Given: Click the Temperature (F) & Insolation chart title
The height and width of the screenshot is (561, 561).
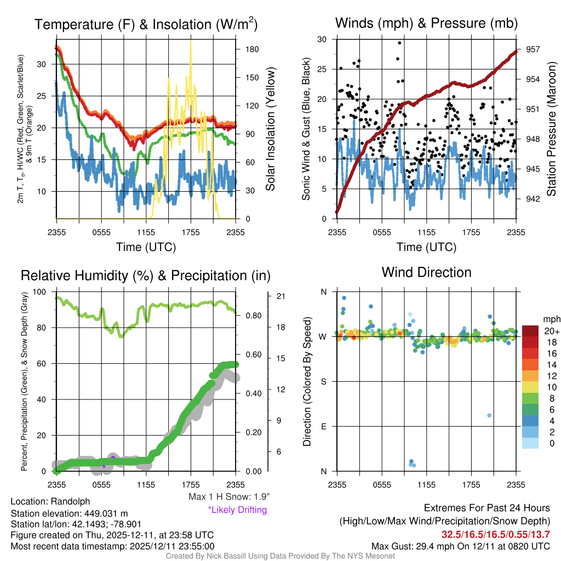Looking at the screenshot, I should point(146,24).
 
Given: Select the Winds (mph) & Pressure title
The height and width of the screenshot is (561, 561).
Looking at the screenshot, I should point(426,23).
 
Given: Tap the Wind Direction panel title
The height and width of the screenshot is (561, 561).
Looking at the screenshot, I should point(426,272).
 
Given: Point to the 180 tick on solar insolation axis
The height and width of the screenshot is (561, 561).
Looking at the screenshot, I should point(252,49).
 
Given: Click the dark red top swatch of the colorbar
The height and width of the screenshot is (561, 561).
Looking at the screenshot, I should point(530,331).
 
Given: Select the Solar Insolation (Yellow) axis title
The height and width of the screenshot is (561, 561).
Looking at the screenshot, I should point(270,129).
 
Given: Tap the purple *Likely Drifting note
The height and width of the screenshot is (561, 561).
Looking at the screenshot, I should point(237,510).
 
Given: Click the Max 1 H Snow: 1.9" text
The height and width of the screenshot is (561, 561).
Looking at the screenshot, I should point(229,497).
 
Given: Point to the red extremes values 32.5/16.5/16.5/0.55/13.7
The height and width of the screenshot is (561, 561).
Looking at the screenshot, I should point(496,534).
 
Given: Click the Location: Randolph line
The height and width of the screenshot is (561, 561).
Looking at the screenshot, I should point(50,501).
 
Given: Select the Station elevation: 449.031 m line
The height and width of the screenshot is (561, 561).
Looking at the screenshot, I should point(69,513).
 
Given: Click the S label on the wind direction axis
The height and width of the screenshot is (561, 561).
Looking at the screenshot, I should point(324,381).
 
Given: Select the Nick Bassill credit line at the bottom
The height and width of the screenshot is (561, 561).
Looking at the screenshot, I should point(280,556).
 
